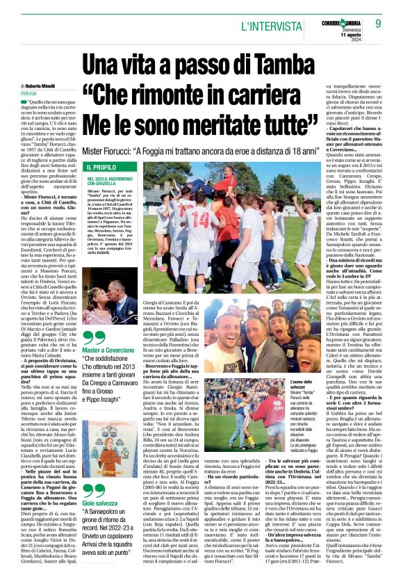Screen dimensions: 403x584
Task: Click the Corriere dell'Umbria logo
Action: point(347,22)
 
